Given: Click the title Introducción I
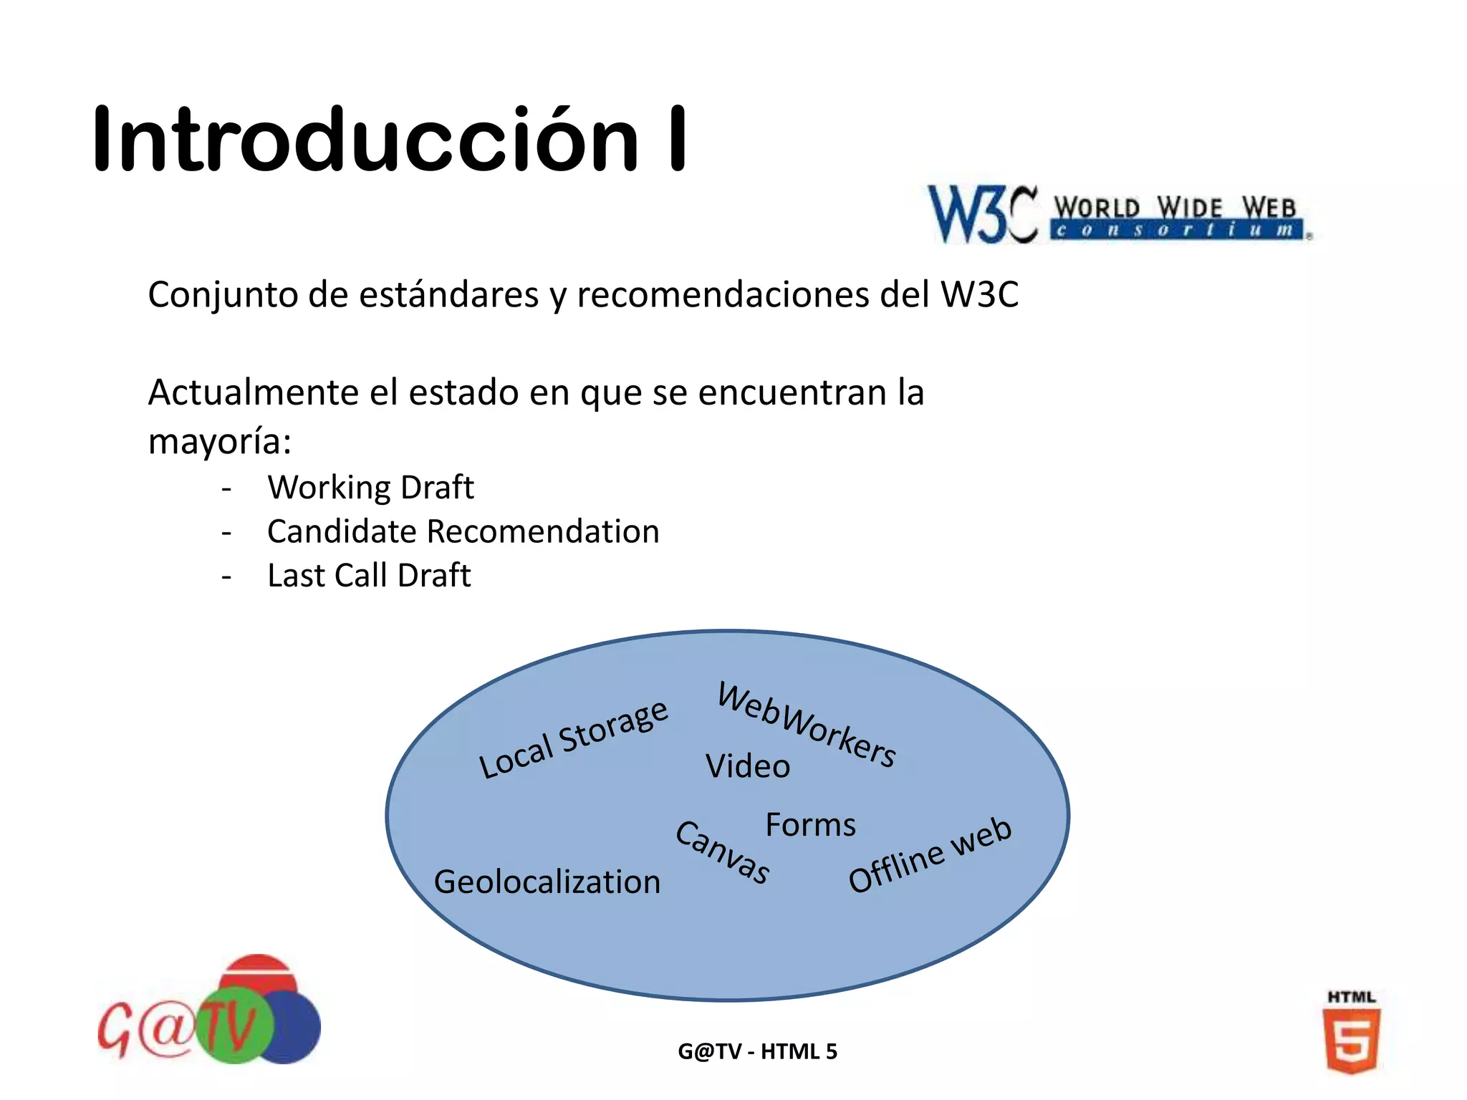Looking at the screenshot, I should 390,140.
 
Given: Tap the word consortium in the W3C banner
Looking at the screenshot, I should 1175,230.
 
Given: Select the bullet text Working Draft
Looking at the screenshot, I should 370,488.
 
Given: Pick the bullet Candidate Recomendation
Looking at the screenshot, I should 463,532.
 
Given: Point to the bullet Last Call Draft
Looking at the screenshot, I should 369,576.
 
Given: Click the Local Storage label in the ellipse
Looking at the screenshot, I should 573,739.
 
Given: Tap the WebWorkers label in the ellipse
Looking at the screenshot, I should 807,725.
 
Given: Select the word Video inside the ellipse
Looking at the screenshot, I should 748,766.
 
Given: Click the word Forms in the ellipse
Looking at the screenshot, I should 810,825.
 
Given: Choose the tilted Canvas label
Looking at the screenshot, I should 723,852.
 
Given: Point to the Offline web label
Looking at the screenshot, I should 930,855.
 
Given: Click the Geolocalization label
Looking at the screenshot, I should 547,882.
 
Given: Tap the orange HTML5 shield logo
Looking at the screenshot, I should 1351,1040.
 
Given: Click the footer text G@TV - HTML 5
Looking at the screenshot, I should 757,1051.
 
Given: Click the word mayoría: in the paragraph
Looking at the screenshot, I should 219,441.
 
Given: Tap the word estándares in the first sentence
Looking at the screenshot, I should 448,294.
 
